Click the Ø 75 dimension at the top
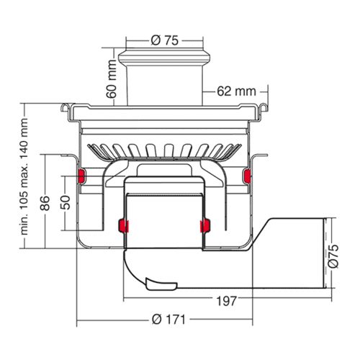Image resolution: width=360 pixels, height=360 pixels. pos(165,40)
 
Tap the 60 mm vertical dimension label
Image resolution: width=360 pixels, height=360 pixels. pos(112,79)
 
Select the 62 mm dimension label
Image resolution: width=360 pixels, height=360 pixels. pos(236,91)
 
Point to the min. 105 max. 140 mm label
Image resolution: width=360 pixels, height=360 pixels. pos(24,176)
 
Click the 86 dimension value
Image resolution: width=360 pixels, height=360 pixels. pos(45,203)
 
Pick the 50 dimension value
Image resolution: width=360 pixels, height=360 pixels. pos(65,202)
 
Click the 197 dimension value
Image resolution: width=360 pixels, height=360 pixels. pos(226,301)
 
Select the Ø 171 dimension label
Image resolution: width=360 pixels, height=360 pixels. pos(168,320)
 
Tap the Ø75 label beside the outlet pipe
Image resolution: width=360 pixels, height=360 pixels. pos(333,256)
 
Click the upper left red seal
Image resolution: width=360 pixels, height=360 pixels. pos(81,176)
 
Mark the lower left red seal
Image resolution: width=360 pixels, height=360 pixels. pos(123,226)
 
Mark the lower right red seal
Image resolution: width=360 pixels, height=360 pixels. pos(205,226)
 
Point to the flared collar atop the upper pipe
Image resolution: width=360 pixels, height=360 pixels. pos(164,58)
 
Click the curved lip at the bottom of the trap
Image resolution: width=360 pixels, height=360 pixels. pos(161,284)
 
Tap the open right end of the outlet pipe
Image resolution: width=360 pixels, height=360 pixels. pos(325,253)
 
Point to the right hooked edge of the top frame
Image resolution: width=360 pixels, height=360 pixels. pos(264,107)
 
